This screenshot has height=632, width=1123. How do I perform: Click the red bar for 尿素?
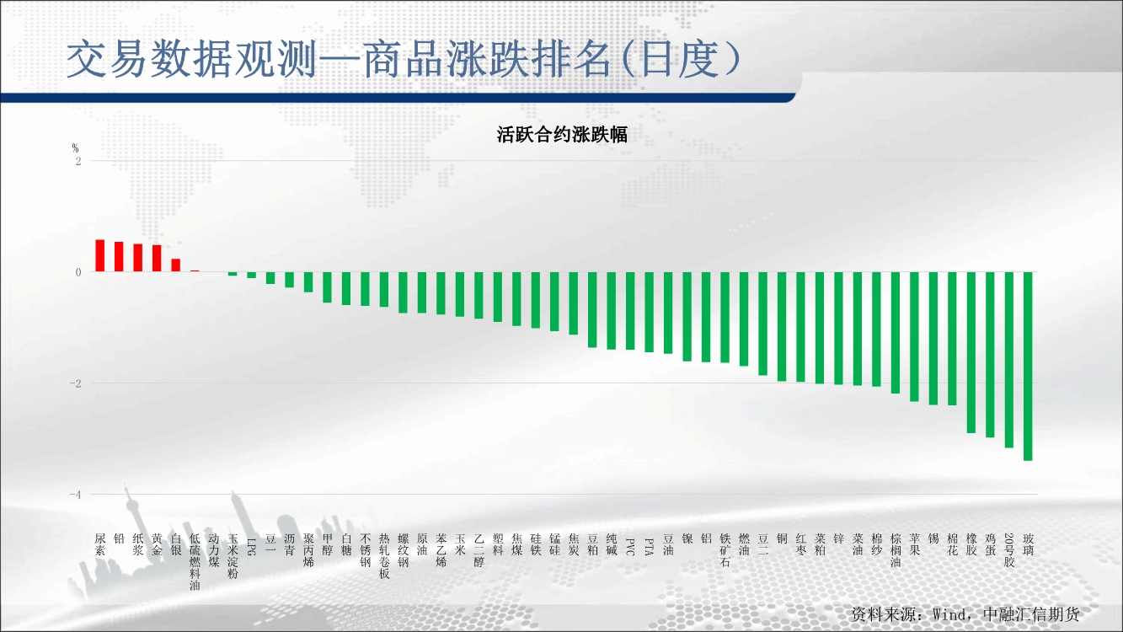click(99, 256)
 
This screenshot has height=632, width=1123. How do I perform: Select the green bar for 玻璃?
click(1028, 367)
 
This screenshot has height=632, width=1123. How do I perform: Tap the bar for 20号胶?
click(1008, 360)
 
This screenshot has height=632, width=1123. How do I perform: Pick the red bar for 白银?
click(175, 265)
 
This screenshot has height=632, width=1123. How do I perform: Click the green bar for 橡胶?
click(971, 352)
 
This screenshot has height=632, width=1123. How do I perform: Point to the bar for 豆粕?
click(592, 309)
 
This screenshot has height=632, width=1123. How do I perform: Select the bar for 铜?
click(782, 327)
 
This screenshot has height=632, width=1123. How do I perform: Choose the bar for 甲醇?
click(327, 287)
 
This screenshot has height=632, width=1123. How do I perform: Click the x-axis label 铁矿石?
click(725, 550)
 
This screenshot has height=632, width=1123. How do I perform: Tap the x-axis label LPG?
click(251, 547)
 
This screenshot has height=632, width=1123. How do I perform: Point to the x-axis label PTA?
click(649, 547)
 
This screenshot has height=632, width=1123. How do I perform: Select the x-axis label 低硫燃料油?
click(195, 562)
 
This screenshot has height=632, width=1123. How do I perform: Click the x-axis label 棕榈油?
click(896, 550)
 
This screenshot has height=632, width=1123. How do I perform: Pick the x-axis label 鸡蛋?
click(990, 544)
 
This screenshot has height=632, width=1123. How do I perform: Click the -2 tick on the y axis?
click(75, 383)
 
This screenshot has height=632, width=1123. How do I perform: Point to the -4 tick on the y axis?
click(75, 495)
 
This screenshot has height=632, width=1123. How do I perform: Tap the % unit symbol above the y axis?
click(75, 148)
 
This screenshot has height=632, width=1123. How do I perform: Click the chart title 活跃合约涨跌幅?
click(562, 135)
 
